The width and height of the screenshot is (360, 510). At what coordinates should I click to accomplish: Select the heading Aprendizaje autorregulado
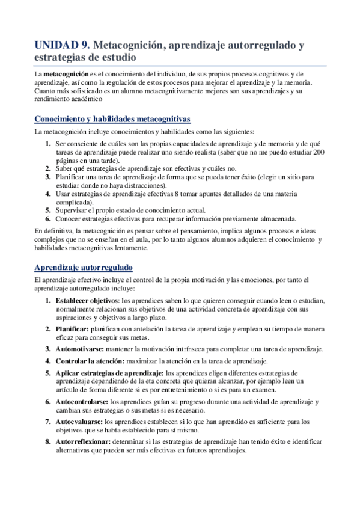point(84,267)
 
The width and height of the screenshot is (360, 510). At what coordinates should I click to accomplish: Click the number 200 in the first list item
point(320,153)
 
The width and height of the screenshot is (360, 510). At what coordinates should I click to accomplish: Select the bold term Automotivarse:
point(80,349)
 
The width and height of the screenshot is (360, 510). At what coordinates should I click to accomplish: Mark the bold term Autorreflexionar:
point(84,442)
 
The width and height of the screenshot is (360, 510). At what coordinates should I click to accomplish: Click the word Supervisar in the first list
point(73,210)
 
